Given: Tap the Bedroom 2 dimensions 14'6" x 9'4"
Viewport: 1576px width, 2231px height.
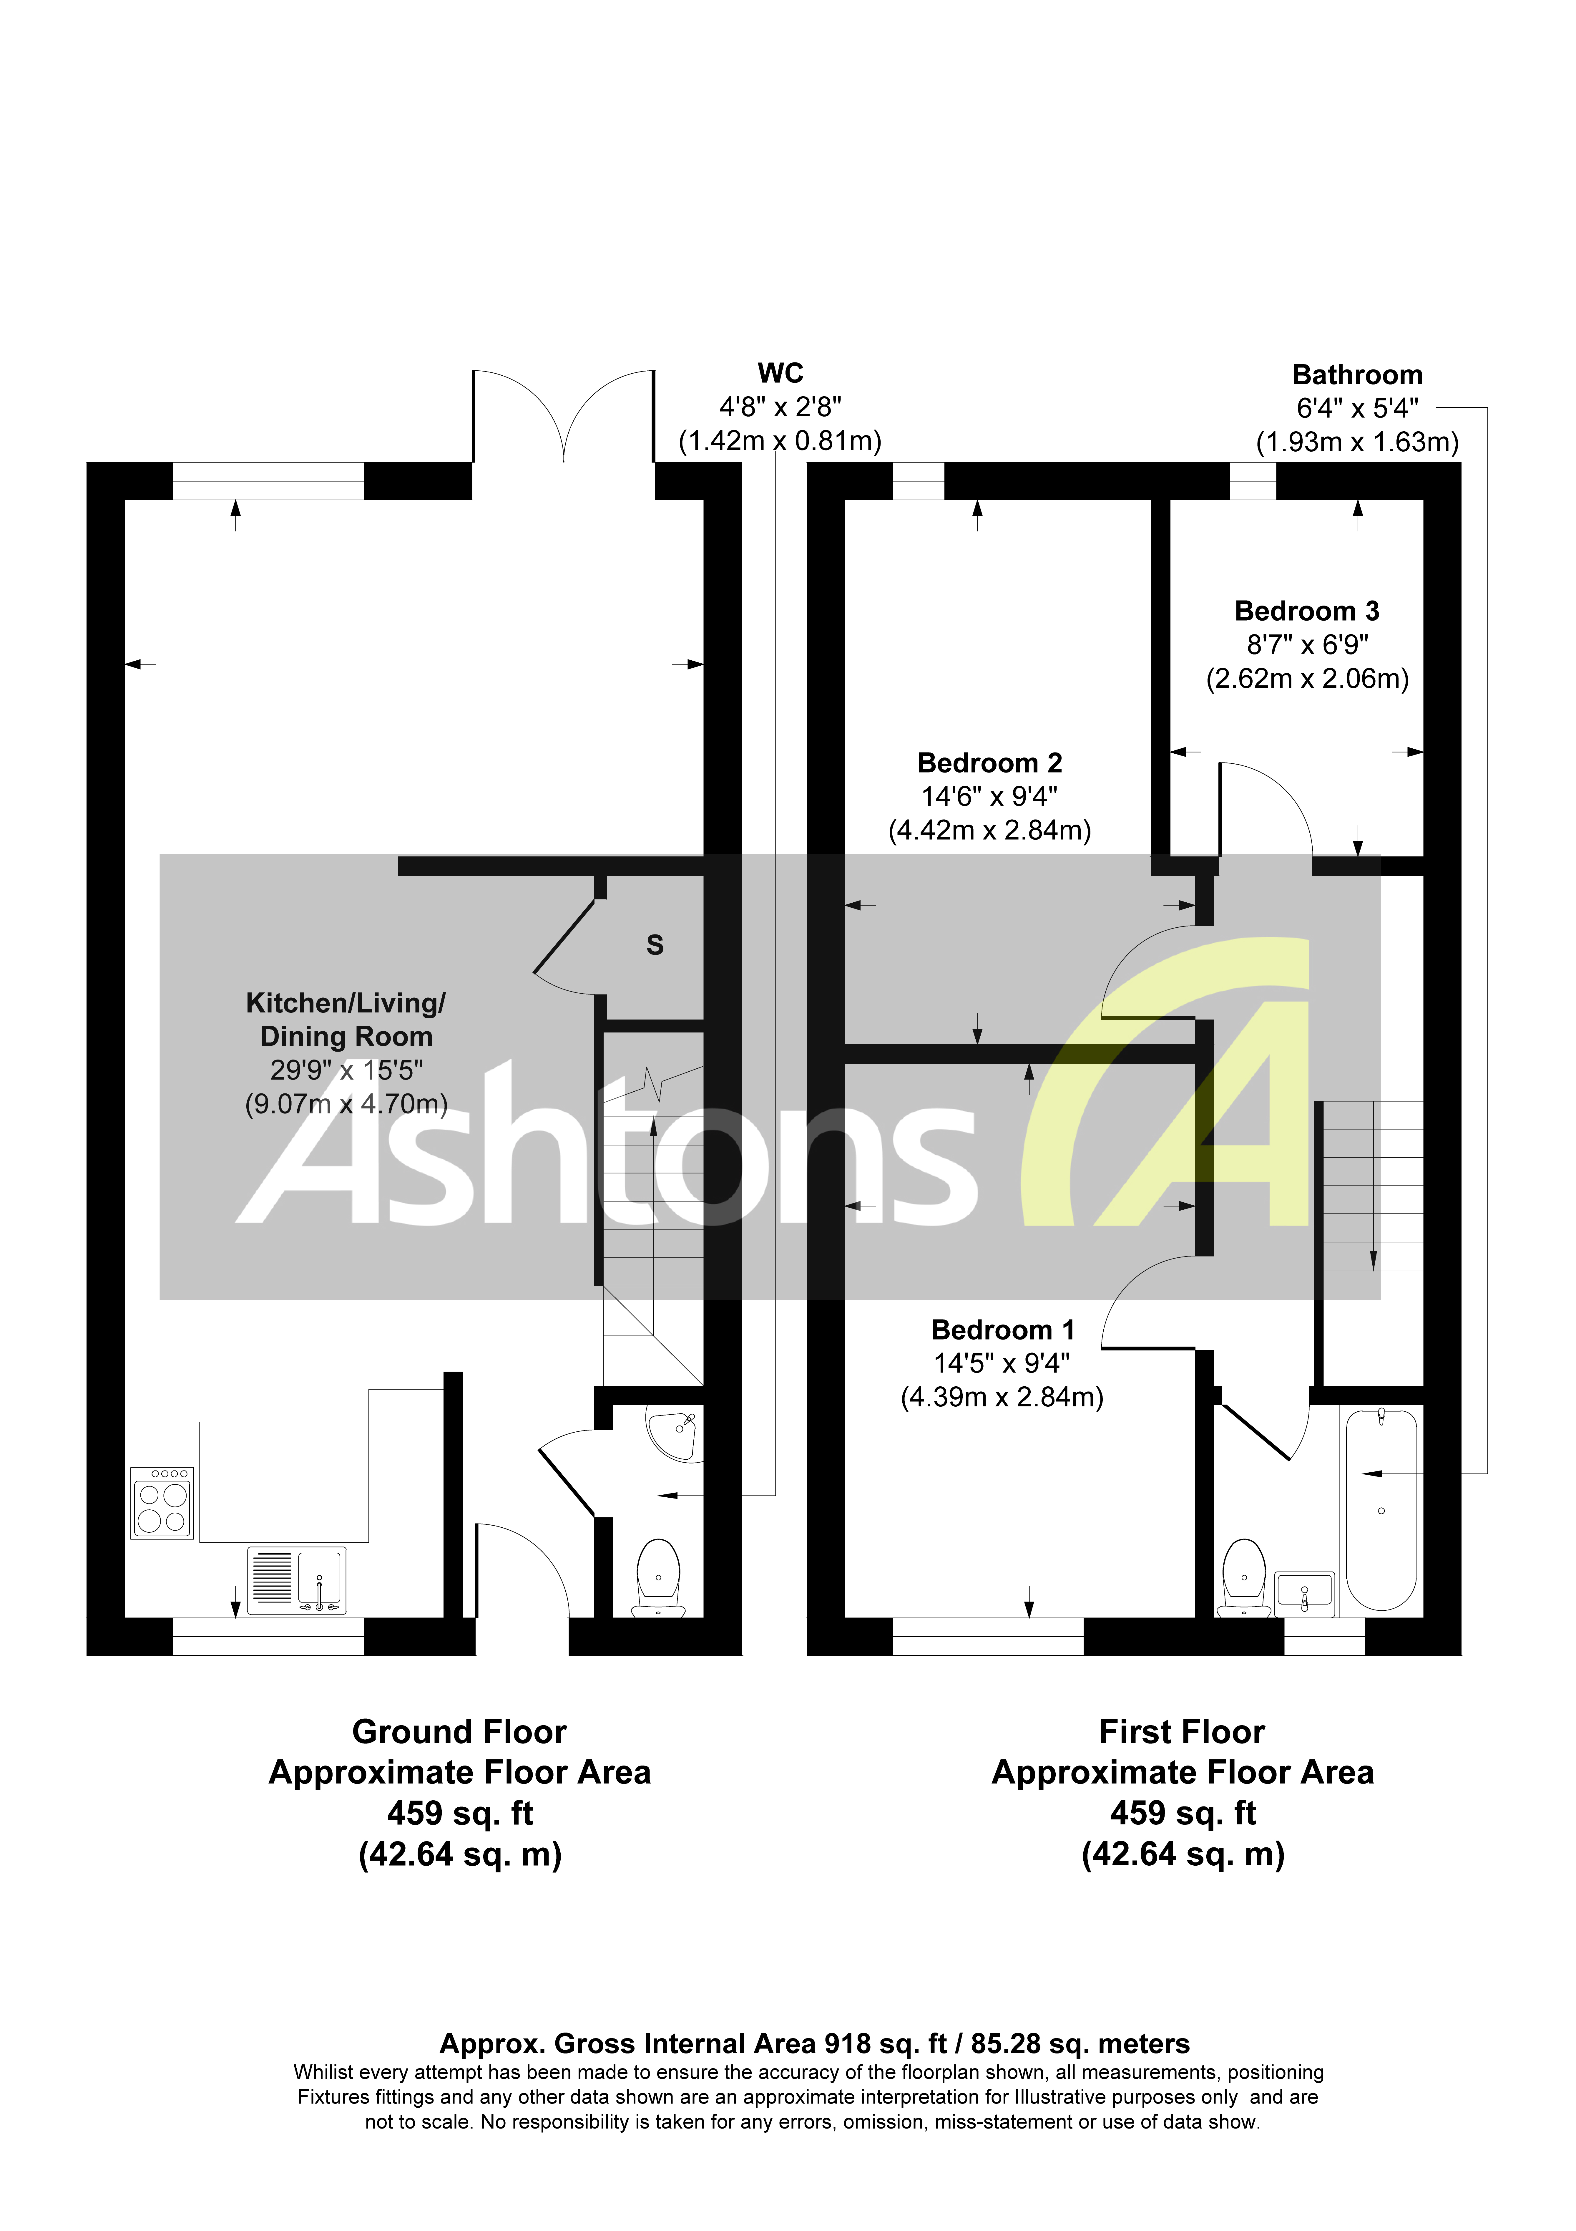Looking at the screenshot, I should (x=989, y=797).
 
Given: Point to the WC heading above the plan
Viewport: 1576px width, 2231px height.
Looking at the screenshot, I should (x=780, y=373).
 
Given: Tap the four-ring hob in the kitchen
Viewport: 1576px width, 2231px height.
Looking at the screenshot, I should (x=162, y=1503).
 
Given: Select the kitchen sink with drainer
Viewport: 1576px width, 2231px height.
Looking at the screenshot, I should (x=296, y=1579).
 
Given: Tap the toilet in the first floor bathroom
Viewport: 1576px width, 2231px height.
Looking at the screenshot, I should (x=1244, y=1576).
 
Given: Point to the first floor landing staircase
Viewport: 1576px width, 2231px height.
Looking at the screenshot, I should (x=1372, y=1186).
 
